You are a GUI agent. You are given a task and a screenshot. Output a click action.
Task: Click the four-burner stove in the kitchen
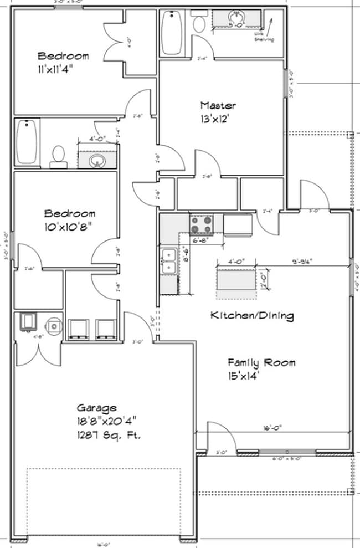[x=201, y=226]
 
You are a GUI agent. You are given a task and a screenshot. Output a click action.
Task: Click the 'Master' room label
[x=218, y=105]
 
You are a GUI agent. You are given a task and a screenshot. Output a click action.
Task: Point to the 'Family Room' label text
[x=261, y=363]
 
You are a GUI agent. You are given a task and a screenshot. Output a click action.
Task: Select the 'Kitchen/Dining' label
[x=251, y=316]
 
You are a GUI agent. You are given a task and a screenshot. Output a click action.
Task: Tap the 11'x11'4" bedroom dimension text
[x=63, y=70]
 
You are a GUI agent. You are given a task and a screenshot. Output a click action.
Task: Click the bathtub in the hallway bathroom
[x=26, y=141]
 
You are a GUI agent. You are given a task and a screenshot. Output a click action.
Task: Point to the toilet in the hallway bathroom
[x=58, y=155]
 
